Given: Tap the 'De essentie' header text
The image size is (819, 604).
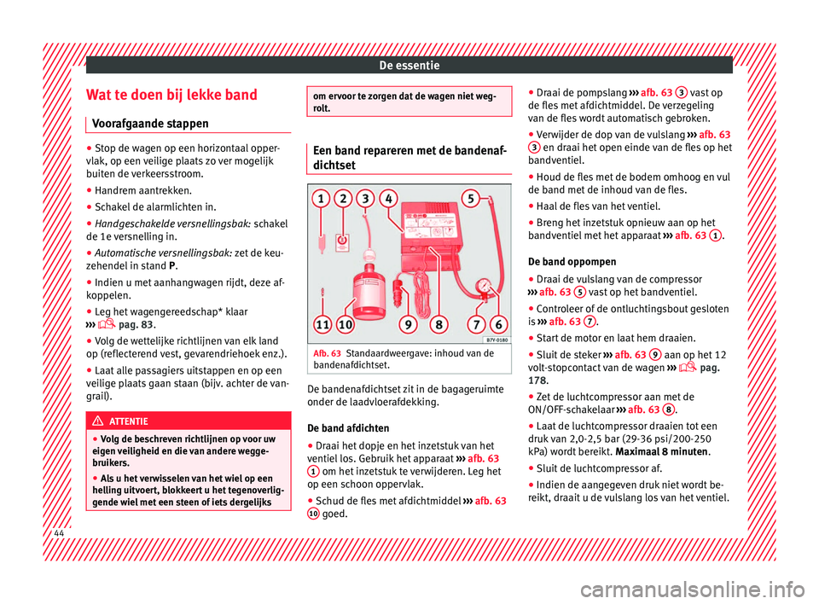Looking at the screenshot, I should click(409, 63).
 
